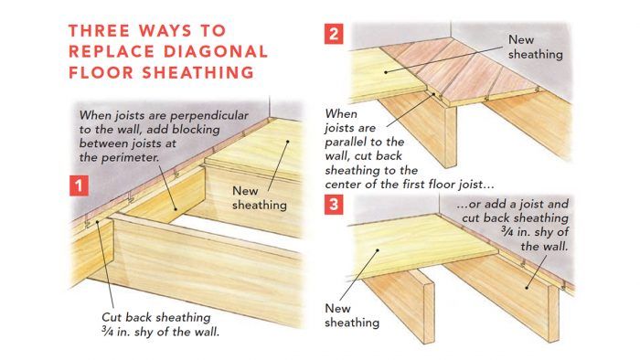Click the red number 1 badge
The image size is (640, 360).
[79, 185]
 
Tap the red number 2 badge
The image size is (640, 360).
[334, 34]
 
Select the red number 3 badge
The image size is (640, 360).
[334, 205]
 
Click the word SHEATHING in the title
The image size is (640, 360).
[198, 73]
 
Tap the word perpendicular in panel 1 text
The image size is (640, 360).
[209, 116]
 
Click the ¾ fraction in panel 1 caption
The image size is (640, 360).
[107, 332]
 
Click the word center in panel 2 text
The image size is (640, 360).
[343, 185]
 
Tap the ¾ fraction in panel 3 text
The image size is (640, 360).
[507, 232]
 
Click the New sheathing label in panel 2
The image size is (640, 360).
[535, 47]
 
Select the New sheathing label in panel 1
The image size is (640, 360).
[259, 197]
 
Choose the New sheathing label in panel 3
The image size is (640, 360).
[352, 315]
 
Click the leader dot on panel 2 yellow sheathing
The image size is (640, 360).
[386, 72]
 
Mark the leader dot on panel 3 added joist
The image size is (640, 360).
[527, 288]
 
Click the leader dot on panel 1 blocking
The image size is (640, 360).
[176, 209]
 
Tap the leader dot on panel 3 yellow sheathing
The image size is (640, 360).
[378, 250]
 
